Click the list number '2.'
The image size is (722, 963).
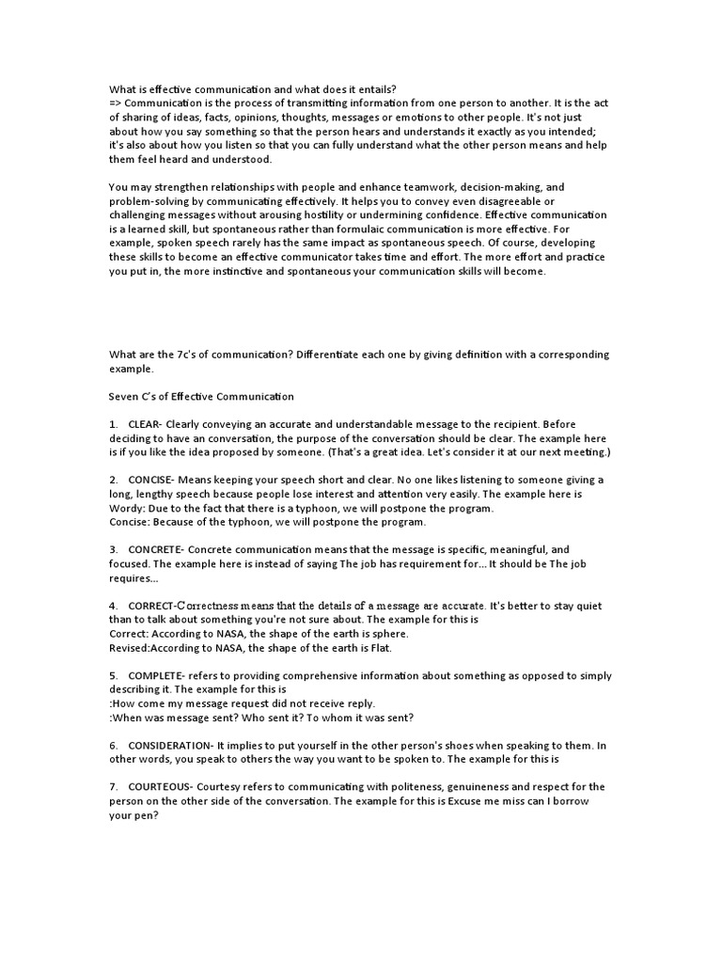pyautogui.click(x=113, y=480)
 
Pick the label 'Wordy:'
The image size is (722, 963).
pyautogui.click(x=127, y=508)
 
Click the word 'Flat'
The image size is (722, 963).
pyautogui.click(x=378, y=648)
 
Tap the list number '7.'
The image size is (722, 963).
pyautogui.click(x=113, y=786)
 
